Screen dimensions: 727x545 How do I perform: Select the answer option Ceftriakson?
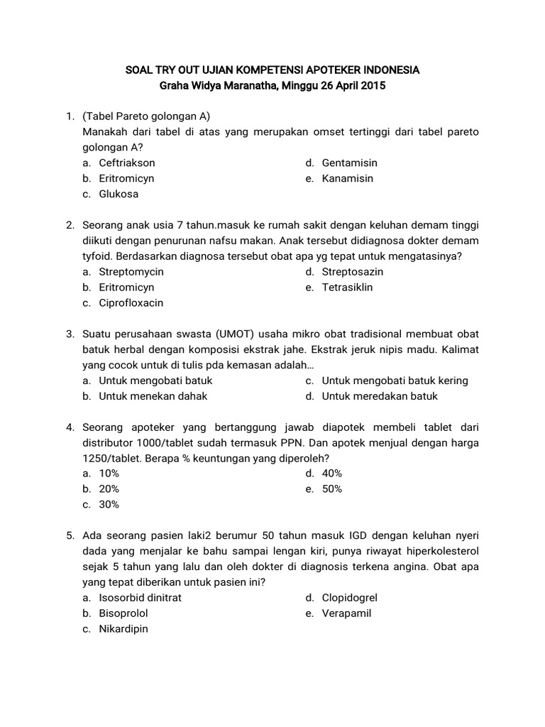click(x=127, y=163)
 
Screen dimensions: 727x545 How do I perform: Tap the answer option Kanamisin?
click(x=347, y=178)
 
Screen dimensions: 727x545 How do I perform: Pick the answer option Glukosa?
click(x=119, y=194)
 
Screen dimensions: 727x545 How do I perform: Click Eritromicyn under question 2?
click(x=126, y=288)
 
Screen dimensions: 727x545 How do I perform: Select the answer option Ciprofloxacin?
click(x=131, y=303)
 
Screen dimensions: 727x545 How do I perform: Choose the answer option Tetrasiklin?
click(x=347, y=288)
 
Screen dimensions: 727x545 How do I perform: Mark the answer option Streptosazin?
click(x=353, y=272)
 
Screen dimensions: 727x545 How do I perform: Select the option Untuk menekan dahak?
click(x=153, y=396)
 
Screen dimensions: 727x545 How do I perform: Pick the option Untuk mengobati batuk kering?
click(x=395, y=381)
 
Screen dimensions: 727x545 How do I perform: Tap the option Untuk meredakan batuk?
click(x=380, y=396)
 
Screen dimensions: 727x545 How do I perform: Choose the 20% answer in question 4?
click(x=109, y=489)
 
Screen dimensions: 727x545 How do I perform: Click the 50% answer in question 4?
click(x=332, y=489)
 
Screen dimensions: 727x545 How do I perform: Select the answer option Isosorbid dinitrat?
click(x=140, y=598)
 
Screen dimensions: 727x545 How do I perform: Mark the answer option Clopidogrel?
click(x=350, y=598)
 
